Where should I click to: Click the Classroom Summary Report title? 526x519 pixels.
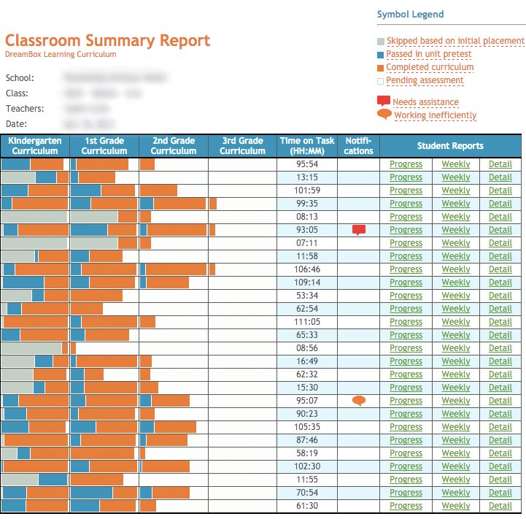click(x=107, y=40)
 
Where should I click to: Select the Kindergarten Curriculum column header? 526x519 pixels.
click(x=35, y=145)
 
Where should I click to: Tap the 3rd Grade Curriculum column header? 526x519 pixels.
click(x=242, y=145)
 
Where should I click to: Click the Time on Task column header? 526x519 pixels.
click(x=307, y=145)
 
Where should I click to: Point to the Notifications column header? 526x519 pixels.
click(x=358, y=145)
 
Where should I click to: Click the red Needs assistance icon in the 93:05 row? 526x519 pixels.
click(x=358, y=230)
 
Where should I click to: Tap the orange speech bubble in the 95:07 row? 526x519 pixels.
click(x=358, y=400)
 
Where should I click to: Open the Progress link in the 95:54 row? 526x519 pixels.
click(x=406, y=164)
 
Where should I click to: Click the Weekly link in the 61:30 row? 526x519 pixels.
click(x=456, y=506)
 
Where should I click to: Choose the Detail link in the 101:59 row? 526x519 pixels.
click(x=500, y=191)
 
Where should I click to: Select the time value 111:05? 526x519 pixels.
click(x=307, y=322)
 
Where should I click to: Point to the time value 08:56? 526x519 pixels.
click(x=307, y=348)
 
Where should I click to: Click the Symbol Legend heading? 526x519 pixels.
click(x=410, y=15)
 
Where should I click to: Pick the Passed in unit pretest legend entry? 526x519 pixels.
click(x=428, y=54)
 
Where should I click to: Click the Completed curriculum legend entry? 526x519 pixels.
click(x=430, y=67)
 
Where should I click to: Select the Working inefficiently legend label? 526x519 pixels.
click(x=435, y=115)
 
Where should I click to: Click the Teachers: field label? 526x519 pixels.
click(x=25, y=109)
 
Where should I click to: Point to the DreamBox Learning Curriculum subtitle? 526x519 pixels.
click(x=61, y=54)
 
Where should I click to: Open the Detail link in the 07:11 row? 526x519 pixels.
click(x=500, y=243)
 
